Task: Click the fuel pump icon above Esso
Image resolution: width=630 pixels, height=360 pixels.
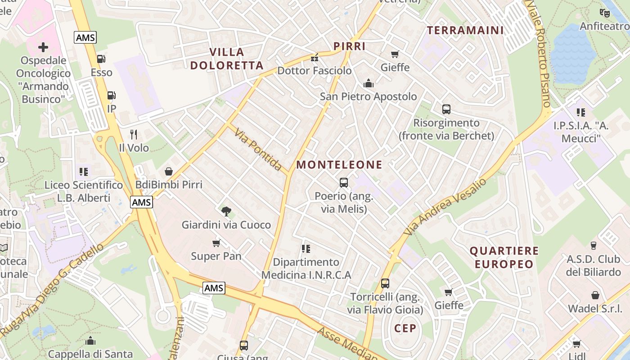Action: tap(101, 58)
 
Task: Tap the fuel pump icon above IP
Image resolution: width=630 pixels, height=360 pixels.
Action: tap(111, 95)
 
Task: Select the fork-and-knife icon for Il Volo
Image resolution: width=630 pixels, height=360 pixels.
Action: tap(134, 134)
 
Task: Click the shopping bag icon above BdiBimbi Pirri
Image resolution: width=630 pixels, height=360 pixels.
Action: tap(169, 171)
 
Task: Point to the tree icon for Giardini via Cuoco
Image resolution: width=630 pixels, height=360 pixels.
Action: tap(226, 211)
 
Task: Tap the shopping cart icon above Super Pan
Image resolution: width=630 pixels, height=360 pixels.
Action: tap(216, 243)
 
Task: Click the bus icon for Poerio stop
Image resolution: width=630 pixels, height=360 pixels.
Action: tap(344, 183)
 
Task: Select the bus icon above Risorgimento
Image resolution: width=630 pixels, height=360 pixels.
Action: tap(446, 109)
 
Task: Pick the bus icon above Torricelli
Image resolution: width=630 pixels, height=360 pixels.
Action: tap(385, 283)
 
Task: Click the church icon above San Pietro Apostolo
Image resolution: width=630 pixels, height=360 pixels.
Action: tap(369, 83)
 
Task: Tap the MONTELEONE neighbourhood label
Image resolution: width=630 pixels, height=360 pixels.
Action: tap(339, 165)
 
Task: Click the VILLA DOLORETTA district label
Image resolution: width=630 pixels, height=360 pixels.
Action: tap(227, 59)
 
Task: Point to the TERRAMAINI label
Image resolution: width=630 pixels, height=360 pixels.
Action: tap(465, 31)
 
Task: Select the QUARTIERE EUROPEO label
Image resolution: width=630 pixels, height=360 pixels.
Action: tap(504, 257)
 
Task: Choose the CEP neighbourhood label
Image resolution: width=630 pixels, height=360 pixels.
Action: tap(406, 328)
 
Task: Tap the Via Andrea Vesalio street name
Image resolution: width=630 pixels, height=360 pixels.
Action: tap(445, 207)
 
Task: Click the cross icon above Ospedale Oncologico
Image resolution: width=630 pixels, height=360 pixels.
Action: tap(43, 47)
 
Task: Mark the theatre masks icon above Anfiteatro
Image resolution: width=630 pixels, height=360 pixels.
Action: tap(605, 13)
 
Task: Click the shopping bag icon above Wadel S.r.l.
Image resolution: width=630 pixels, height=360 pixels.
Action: tap(595, 295)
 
